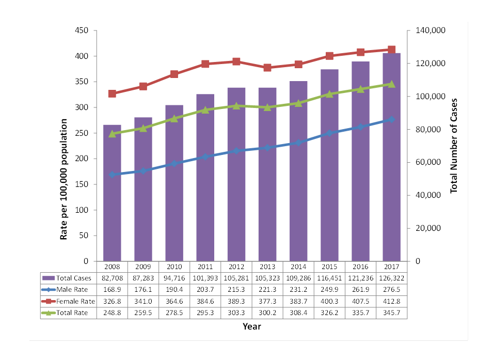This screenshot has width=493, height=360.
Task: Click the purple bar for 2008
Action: [112, 193]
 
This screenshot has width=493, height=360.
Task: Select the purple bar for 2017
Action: [391, 157]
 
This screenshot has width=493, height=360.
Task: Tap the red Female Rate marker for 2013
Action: [267, 68]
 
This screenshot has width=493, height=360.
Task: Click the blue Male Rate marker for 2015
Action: [329, 133]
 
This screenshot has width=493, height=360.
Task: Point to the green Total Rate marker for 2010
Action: [174, 118]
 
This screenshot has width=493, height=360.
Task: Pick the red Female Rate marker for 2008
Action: [112, 93]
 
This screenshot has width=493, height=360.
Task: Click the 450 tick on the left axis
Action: [82, 30]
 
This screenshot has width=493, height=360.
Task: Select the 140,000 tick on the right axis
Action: [431, 30]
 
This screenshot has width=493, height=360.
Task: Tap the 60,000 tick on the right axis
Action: [428, 162]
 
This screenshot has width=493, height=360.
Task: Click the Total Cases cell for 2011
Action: [205, 278]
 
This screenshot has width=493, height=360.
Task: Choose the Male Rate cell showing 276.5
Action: [391, 290]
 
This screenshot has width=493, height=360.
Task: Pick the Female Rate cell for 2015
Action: [329, 301]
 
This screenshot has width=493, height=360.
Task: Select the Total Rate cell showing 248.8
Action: [112, 313]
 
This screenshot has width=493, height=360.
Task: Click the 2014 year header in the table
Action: [298, 267]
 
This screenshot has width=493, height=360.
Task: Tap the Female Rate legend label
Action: [75, 301]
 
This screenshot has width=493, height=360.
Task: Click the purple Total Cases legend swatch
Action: [49, 278]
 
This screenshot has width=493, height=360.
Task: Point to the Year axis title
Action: [252, 326]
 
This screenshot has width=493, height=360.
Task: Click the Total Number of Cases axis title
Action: [454, 146]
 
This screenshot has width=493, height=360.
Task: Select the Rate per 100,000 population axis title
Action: [63, 179]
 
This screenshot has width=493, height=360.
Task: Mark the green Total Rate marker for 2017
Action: [391, 84]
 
